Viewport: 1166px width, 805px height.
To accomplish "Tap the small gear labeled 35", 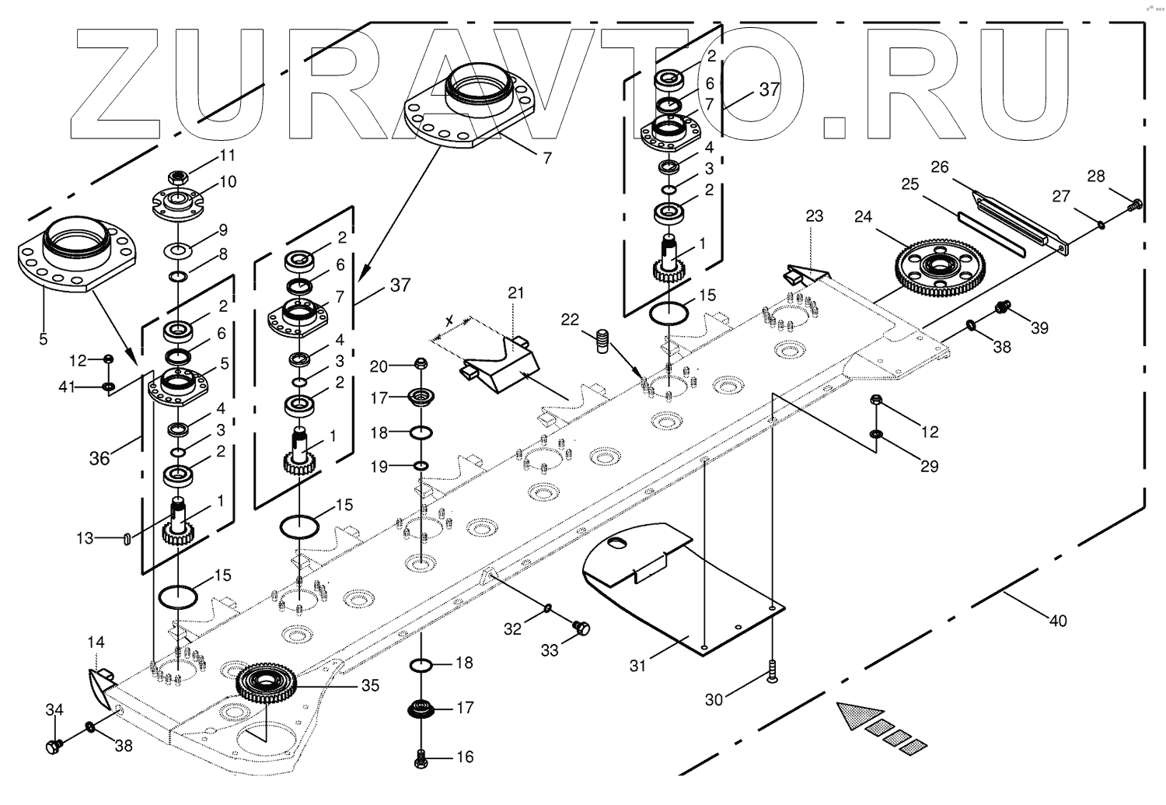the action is click(267, 683).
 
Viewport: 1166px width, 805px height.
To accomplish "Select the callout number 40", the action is click(1058, 621).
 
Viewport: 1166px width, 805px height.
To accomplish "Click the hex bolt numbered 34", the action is click(54, 747).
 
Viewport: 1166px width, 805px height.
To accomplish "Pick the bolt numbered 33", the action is click(581, 628).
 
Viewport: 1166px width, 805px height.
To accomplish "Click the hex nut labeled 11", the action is click(178, 177).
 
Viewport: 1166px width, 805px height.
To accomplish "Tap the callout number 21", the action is click(516, 293).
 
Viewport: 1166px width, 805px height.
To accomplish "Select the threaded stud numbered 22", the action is click(602, 341).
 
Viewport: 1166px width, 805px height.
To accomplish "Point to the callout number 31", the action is click(637, 666).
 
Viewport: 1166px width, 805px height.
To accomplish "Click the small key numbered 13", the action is click(125, 538).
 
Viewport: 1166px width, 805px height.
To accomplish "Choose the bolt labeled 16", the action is click(422, 758).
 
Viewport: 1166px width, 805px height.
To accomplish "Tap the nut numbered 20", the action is click(421, 363).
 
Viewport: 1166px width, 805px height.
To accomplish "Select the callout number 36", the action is click(99, 458).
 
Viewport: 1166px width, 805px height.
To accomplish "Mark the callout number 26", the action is click(940, 166).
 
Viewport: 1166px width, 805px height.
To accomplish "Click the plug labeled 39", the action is click(1002, 308).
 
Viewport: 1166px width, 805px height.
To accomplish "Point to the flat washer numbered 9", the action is click(178, 250).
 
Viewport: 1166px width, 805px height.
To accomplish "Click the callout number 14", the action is click(96, 642).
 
